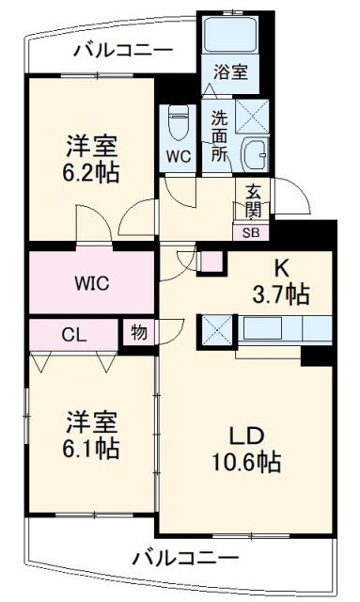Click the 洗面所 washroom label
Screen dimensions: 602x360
pos(218,136)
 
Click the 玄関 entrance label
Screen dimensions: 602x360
pos(254,199)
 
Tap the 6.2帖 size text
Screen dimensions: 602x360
pos(92,172)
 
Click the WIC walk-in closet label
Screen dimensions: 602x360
pos(92,281)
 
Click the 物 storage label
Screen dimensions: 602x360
pos(138,333)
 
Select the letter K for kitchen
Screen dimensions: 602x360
pos(280,266)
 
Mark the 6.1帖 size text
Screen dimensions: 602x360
pos(92,449)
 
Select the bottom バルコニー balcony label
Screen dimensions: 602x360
pos(184,557)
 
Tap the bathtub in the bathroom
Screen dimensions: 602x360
pos(229,36)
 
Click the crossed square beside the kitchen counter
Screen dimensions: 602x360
pos(215,330)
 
